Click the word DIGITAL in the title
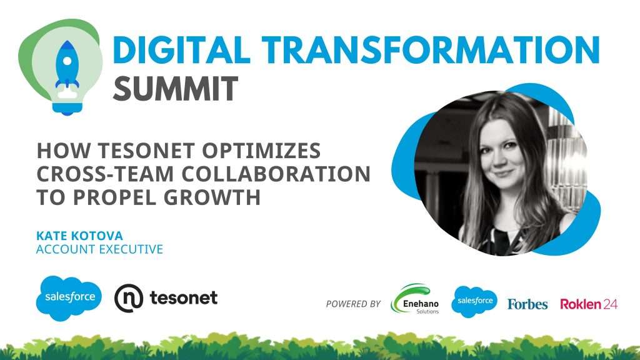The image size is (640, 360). click(x=181, y=50)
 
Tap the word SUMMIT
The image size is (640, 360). click(x=175, y=88)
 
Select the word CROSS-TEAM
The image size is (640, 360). click(x=105, y=174)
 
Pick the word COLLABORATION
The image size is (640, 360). click(x=276, y=174)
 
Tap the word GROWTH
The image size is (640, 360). click(x=212, y=197)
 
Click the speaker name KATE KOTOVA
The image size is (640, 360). click(x=79, y=236)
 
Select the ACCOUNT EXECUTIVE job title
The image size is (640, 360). click(x=99, y=249)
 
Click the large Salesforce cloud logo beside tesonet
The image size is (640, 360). click(x=69, y=298)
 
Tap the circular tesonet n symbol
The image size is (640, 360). click(x=129, y=298)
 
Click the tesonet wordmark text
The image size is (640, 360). click(x=184, y=297)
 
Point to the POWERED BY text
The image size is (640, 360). click(x=353, y=304)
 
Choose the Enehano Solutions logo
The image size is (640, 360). click(x=415, y=299)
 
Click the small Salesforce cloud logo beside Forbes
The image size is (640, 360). click(x=474, y=302)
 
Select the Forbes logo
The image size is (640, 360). click(x=527, y=304)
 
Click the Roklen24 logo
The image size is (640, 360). click(x=589, y=304)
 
